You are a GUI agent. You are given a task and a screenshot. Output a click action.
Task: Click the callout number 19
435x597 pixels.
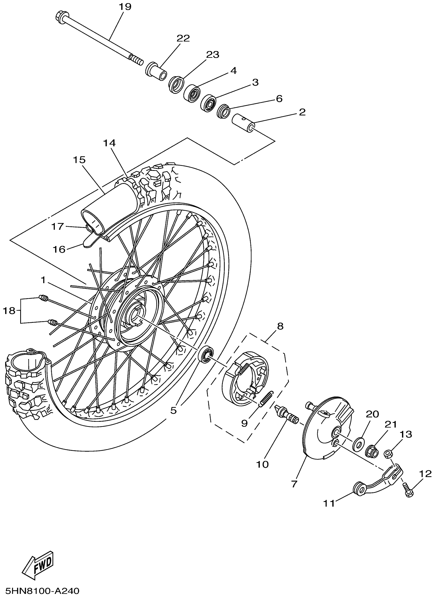pyautogui.click(x=125, y=7)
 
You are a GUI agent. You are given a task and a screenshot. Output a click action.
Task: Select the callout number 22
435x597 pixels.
pyautogui.click(x=183, y=38)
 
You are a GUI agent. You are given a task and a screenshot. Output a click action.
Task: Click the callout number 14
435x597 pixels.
pyautogui.click(x=109, y=143)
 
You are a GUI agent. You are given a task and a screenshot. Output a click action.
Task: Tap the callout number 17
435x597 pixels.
pyautogui.click(x=57, y=226)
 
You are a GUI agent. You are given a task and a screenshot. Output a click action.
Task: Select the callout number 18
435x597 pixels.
pyautogui.click(x=9, y=311)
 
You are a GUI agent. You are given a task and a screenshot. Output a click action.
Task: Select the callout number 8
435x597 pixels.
pyautogui.click(x=280, y=326)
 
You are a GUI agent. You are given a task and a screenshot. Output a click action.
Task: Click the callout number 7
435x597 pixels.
pyautogui.click(x=294, y=483)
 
